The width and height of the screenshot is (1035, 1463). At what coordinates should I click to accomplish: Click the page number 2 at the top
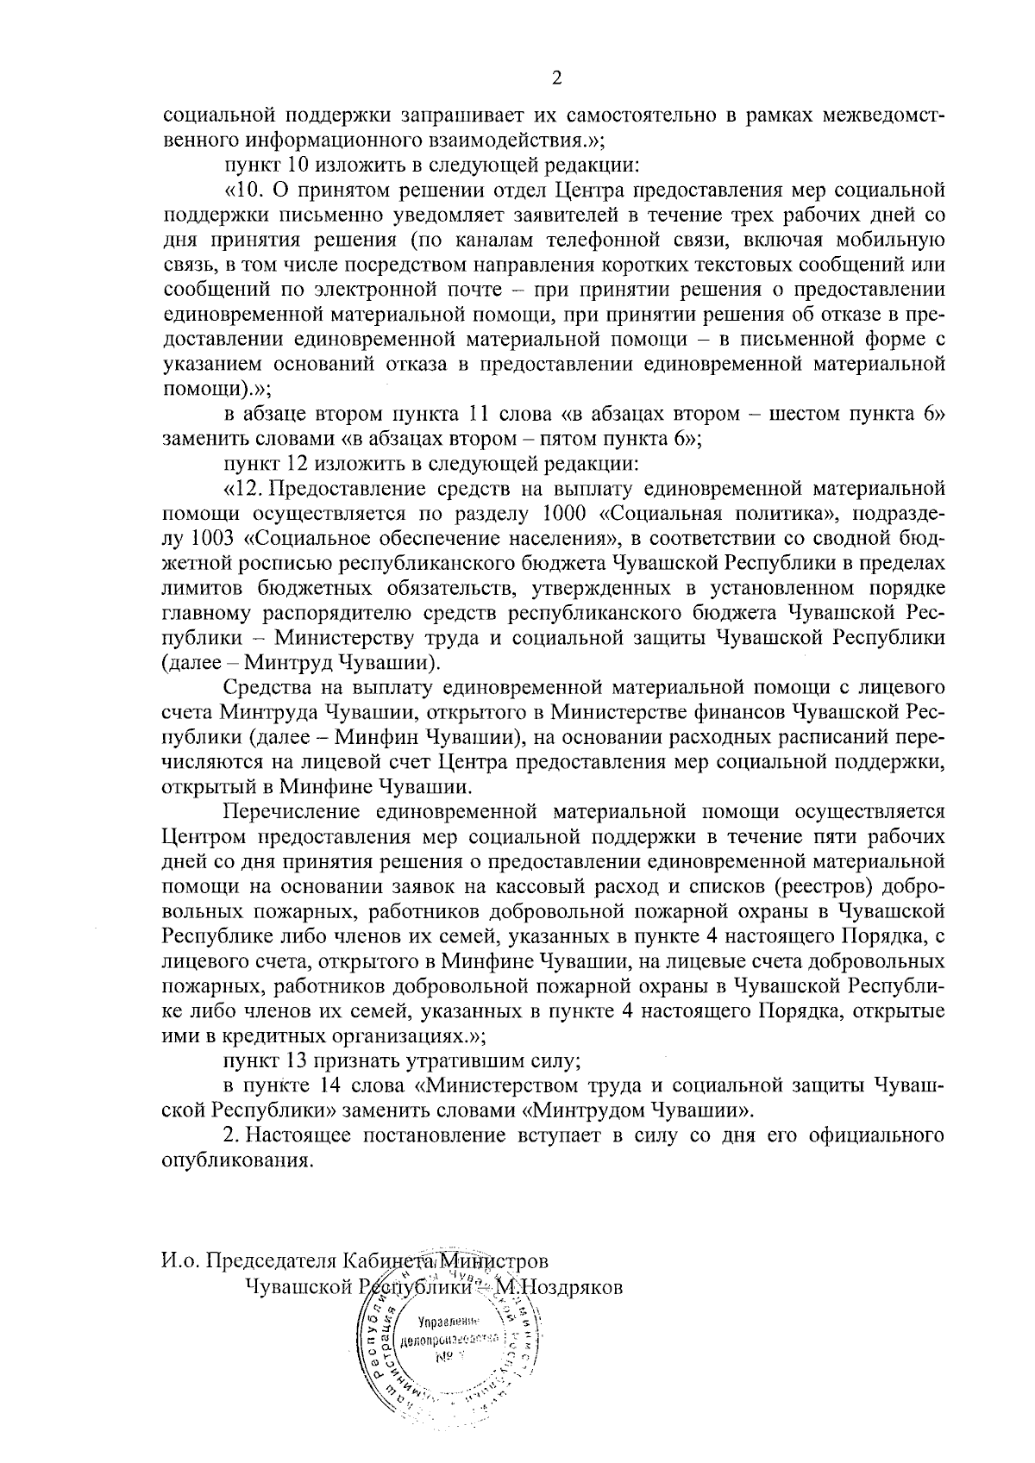coord(555,78)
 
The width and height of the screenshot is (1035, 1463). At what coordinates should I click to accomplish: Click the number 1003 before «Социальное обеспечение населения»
coord(210,540)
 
